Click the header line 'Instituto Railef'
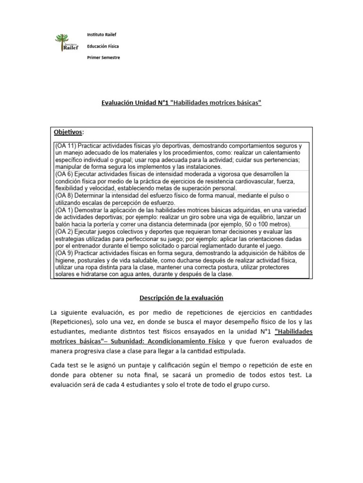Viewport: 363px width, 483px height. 102,34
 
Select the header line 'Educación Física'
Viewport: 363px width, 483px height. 103,46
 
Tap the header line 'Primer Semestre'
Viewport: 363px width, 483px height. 104,58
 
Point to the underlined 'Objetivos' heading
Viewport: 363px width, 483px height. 68,132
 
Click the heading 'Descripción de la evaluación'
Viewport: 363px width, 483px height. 181,298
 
